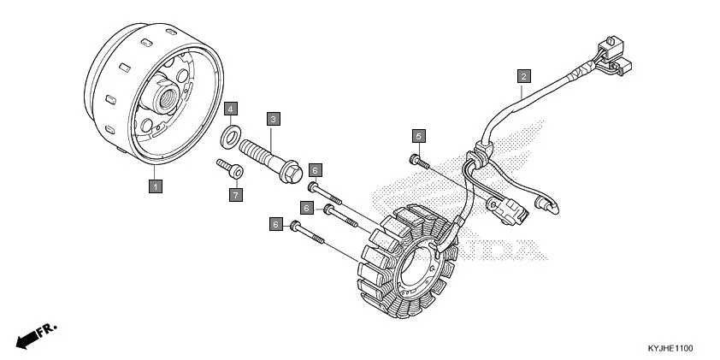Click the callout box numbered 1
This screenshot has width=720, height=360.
[x=156, y=186]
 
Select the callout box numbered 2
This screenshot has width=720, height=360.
[x=523, y=76]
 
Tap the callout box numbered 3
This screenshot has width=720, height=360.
[x=274, y=120]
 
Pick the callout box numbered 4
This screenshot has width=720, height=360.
[x=231, y=109]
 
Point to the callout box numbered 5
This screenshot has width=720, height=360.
[x=418, y=136]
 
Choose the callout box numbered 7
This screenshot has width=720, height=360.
[x=235, y=195]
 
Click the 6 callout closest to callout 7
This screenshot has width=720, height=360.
[x=315, y=170]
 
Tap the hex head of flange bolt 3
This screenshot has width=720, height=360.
[x=291, y=172]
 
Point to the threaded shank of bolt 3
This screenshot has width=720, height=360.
[x=258, y=151]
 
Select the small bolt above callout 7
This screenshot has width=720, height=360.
[x=230, y=168]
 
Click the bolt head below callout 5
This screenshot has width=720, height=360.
[x=414, y=159]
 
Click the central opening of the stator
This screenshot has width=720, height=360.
[x=416, y=268]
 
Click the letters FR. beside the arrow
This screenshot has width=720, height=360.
[x=47, y=330]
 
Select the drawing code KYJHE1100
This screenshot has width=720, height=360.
[x=670, y=349]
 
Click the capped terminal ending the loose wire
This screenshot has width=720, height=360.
[x=549, y=206]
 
